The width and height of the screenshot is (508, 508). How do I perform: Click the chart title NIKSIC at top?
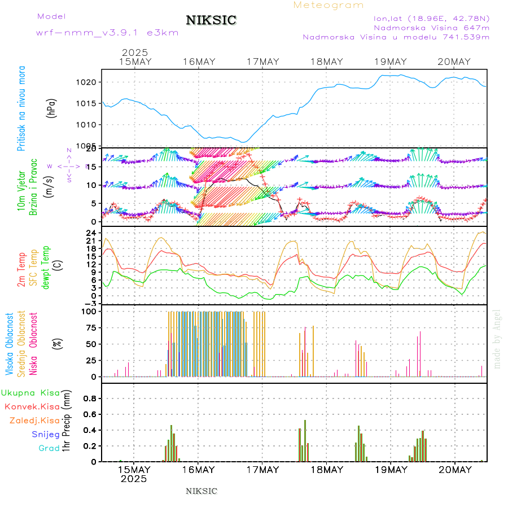click(x=211, y=21)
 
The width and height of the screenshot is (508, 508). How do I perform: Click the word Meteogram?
click(x=329, y=5)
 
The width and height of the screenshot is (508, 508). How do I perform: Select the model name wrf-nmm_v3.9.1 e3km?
click(x=107, y=32)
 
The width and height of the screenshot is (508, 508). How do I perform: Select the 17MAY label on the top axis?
click(x=263, y=62)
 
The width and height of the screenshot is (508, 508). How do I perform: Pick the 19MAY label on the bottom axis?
click(x=391, y=470)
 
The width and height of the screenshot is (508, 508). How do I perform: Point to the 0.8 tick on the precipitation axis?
click(x=90, y=398)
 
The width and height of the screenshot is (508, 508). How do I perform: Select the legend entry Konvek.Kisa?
click(x=32, y=406)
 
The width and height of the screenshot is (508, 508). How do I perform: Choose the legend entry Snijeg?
click(x=45, y=435)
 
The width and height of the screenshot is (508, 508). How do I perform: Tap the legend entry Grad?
click(x=49, y=449)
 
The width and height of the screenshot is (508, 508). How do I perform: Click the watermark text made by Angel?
click(x=497, y=339)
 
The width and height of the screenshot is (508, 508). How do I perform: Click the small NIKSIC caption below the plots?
click(x=202, y=491)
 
